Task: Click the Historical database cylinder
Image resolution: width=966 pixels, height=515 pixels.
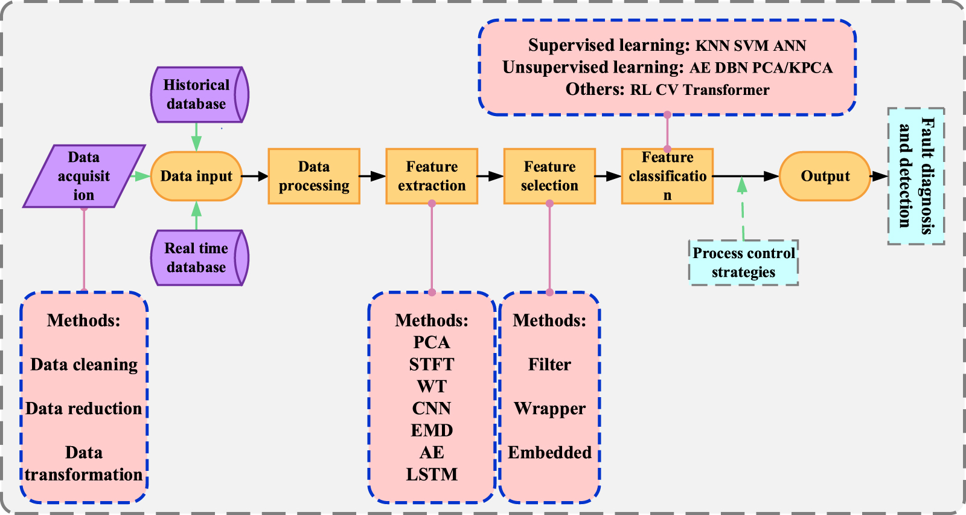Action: tap(198, 95)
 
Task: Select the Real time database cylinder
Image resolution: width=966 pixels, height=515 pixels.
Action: tap(198, 258)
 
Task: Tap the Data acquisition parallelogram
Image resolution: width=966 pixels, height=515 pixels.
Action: tap(84, 176)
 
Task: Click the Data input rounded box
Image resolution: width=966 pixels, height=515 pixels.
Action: tap(196, 176)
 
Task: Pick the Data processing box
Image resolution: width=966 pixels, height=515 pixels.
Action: tap(314, 176)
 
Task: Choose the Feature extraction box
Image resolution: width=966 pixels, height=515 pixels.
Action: tap(432, 176)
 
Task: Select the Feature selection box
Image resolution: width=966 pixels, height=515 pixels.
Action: tap(549, 176)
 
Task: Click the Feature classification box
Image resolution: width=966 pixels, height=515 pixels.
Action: tap(667, 176)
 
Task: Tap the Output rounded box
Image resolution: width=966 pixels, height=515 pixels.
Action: tap(825, 176)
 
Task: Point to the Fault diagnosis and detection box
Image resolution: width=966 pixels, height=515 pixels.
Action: tap(916, 176)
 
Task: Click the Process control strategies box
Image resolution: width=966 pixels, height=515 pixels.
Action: tap(743, 262)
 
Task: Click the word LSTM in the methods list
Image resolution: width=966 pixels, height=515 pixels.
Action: tap(432, 475)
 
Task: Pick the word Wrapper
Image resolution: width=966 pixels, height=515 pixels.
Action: tap(549, 409)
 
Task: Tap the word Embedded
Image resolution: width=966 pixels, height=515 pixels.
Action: tap(549, 453)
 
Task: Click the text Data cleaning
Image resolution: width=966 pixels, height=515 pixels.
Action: tap(84, 364)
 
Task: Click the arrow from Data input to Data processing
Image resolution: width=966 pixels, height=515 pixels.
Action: tap(255, 177)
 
